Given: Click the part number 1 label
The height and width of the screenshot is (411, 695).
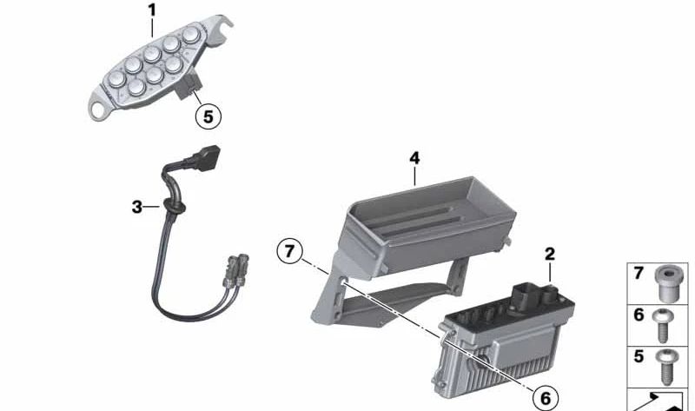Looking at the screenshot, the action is pyautogui.click(x=152, y=10).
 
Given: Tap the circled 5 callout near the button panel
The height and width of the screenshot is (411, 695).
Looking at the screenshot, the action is pyautogui.click(x=208, y=116).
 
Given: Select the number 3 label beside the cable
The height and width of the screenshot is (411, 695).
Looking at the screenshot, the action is pyautogui.click(x=137, y=207).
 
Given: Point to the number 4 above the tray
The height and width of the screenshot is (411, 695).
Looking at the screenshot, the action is pyautogui.click(x=414, y=158).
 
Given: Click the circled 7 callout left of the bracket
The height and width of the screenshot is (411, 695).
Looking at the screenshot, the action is pyautogui.click(x=289, y=251).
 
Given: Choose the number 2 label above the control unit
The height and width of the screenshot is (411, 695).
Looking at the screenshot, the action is pyautogui.click(x=550, y=254).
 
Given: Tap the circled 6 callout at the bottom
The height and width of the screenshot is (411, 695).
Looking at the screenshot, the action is pyautogui.click(x=546, y=398).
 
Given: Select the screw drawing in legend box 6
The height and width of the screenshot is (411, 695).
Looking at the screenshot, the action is pyautogui.click(x=663, y=326).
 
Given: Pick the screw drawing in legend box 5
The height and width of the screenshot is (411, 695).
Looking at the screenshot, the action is pyautogui.click(x=665, y=367).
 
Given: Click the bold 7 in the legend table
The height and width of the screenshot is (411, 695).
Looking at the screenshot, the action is pyautogui.click(x=639, y=273).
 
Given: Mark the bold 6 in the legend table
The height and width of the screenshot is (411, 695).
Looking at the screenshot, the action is pyautogui.click(x=639, y=315).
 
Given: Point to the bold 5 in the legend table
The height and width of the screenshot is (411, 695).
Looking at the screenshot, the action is pyautogui.click(x=639, y=355).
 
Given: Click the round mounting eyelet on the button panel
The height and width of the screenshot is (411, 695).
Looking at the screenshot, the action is pyautogui.click(x=96, y=109).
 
